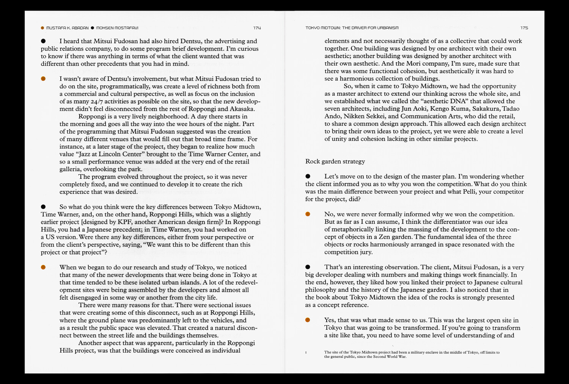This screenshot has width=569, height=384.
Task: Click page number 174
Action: tap(257, 28)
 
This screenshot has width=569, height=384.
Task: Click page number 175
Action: tap(524, 28)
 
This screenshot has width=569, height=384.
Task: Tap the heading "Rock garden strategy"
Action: tap(335, 161)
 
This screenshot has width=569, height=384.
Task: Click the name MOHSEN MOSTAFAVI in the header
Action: tap(117, 28)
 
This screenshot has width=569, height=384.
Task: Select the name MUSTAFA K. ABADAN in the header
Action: tap(67, 28)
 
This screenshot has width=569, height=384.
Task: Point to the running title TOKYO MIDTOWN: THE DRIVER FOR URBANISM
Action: tap(352, 28)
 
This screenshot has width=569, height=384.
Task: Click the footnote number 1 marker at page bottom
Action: tap(306, 353)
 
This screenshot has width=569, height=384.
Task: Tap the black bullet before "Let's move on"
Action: tap(308, 176)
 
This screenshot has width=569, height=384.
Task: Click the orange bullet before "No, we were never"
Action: tap(308, 214)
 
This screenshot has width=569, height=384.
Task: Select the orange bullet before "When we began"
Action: tap(43, 268)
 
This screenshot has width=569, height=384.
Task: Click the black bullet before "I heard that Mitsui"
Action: tap(43, 41)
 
